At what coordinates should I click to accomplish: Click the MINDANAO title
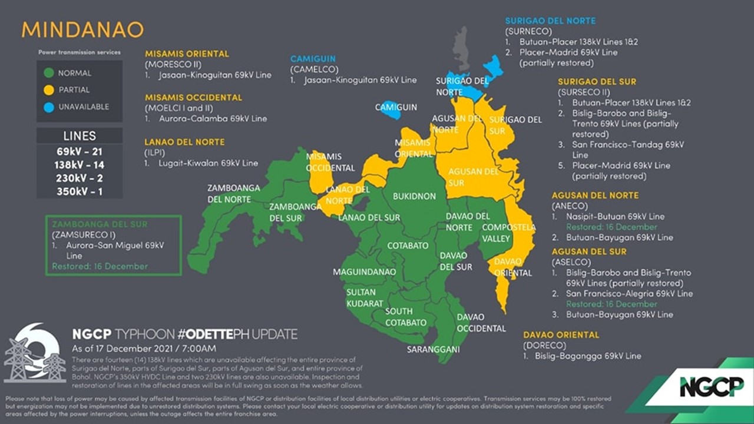coord(82,30)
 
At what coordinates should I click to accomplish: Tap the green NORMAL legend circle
coord(49,73)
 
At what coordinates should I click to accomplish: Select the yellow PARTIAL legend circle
coord(49,90)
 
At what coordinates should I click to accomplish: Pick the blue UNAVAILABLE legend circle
coord(49,107)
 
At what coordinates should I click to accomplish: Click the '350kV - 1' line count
coord(80,191)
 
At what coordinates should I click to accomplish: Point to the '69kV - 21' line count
coord(80,152)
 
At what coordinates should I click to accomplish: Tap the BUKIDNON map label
coord(415,196)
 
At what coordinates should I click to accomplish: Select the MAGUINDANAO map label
coord(360,272)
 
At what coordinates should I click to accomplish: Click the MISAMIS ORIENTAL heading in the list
coord(187,54)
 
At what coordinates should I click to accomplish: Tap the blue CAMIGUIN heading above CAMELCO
coord(313,59)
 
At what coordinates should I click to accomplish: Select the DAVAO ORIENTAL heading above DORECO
coord(561,334)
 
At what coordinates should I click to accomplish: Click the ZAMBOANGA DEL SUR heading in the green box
coord(100,224)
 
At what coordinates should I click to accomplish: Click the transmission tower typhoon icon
coord(34,354)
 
